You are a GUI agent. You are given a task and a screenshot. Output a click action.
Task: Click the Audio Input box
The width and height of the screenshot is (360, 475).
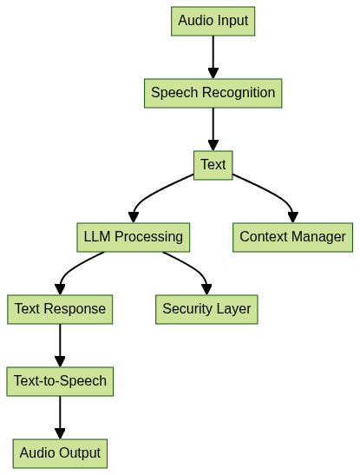[213, 21]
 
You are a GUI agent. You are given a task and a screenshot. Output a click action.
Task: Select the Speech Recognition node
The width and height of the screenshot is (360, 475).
[213, 93]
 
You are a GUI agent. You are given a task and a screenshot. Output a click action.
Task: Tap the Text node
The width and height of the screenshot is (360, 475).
[213, 165]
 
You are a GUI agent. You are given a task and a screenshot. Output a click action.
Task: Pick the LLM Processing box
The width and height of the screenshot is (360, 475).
[133, 236]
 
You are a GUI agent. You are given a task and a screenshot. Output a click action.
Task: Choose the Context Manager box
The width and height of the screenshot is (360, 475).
[292, 236]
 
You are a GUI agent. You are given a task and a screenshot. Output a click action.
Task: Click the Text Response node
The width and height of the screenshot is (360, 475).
[60, 308]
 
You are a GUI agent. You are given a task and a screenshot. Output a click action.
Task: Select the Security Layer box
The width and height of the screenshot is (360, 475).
[206, 308]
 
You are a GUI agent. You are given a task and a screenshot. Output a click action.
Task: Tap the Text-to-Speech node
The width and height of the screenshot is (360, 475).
[60, 380]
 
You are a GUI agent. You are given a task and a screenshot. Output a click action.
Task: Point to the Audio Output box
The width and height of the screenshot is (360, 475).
[60, 452]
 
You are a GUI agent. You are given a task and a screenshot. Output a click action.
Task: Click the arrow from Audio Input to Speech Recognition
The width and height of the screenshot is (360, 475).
[213, 56]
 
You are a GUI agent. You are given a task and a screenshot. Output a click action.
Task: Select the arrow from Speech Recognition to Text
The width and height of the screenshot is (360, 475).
[213, 129]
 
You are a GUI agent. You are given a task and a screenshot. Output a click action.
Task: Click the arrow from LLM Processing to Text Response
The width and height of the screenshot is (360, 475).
[75, 269]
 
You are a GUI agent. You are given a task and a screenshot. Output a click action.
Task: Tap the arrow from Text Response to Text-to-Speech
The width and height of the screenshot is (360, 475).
[60, 344]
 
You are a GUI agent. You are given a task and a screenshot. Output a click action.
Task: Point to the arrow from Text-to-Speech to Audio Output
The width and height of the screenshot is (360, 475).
[60, 416]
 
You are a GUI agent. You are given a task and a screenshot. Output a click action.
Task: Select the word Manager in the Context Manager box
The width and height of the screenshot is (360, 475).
[318, 236]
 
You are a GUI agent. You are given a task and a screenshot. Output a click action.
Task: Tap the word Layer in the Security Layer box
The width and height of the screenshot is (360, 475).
[232, 308]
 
